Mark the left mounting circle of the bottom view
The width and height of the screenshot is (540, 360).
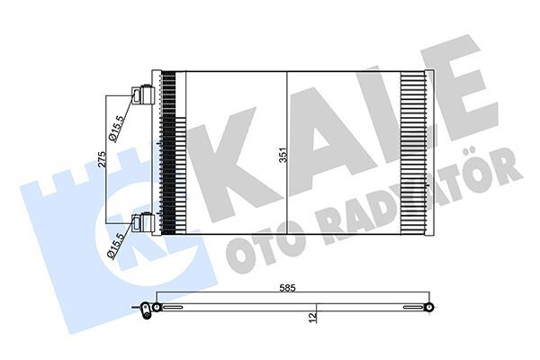[157, 308]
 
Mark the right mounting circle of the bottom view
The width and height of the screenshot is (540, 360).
[429, 308]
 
